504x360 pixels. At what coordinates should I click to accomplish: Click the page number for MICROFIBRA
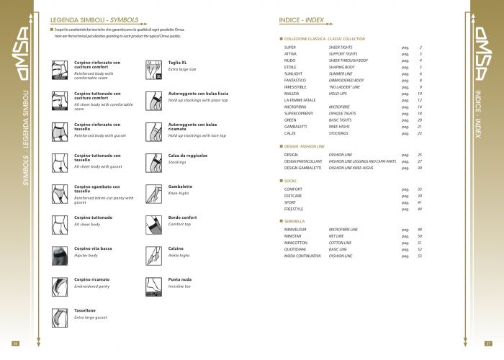419,107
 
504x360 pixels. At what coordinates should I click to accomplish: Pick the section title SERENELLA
297,221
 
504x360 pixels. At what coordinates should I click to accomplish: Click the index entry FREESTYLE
293,208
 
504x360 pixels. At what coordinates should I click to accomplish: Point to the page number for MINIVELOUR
419,229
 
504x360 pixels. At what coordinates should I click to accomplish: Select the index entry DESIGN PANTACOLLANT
302,161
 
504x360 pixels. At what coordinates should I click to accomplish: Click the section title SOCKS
292,181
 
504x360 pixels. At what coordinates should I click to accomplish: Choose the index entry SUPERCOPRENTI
299,113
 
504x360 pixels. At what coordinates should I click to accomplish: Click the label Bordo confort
183,217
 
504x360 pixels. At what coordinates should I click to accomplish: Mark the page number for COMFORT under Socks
419,189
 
